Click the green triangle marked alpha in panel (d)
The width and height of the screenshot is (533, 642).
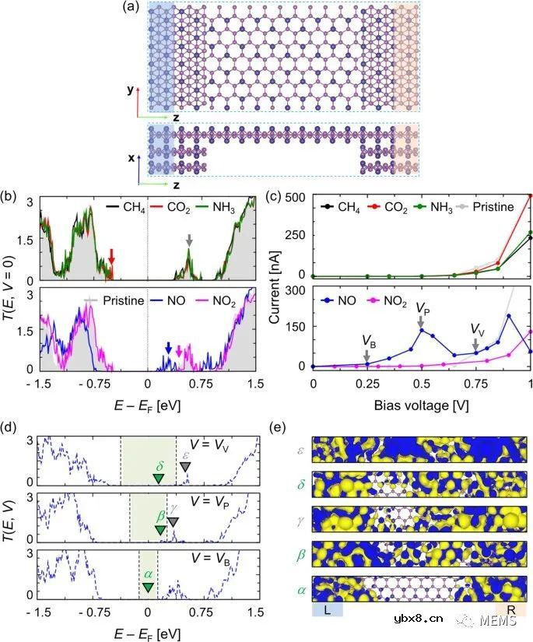(x=148, y=586)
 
